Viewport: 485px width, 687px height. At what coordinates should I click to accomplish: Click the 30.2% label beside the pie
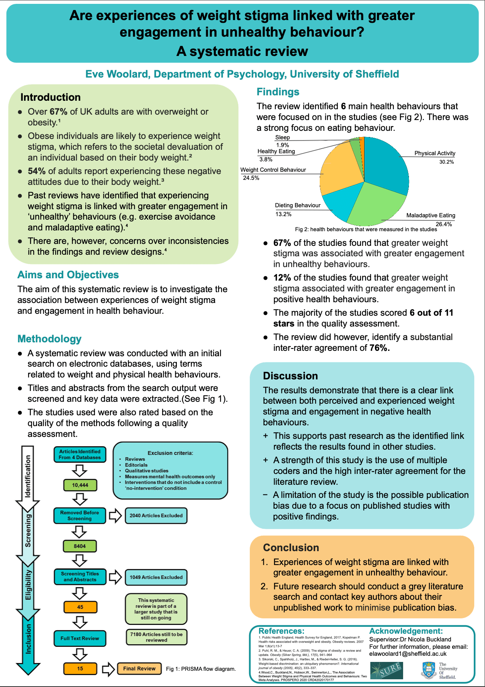[x=446, y=162]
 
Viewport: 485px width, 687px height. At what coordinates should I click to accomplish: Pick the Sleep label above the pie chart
[x=282, y=138]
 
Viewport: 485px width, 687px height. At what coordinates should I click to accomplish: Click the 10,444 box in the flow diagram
[x=80, y=485]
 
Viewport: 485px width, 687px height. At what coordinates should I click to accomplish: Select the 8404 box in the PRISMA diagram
[x=80, y=546]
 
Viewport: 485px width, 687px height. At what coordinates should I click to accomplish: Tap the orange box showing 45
[x=80, y=607]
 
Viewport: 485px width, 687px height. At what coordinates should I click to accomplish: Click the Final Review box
[x=139, y=668]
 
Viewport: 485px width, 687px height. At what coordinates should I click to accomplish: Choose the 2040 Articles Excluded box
[x=156, y=516]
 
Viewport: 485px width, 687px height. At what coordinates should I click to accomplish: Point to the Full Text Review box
[x=80, y=638]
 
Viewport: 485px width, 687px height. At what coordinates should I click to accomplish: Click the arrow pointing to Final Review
[x=108, y=669]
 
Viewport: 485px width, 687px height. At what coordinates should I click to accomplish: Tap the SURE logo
[x=386, y=671]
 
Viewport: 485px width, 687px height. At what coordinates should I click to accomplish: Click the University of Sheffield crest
[x=429, y=671]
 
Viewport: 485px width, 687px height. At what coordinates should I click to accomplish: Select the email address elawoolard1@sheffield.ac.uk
[x=408, y=654]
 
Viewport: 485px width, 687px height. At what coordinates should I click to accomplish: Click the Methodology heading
[x=49, y=339]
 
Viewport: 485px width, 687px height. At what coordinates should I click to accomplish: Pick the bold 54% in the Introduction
[x=37, y=171]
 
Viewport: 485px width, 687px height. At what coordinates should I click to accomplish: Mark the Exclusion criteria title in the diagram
[x=170, y=453]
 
